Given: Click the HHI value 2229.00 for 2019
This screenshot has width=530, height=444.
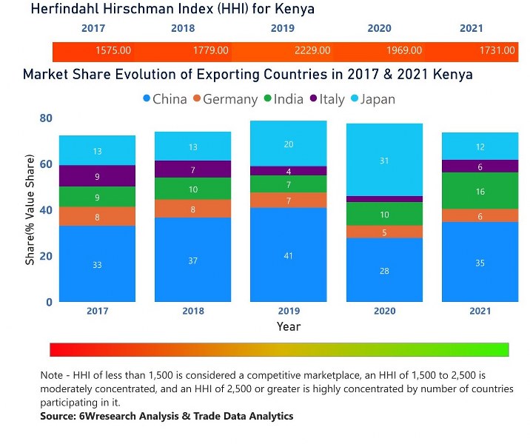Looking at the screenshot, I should coord(312,50).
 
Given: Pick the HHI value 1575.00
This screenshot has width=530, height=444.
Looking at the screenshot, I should coord(113,50).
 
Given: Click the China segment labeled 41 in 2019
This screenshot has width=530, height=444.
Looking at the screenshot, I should coord(289,255).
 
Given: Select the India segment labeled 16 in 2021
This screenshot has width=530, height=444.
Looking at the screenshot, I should coord(480,191).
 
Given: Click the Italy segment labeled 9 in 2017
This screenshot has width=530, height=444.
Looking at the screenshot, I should coord(97,176).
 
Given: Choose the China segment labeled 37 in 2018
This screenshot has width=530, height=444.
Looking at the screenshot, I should coord(192,260).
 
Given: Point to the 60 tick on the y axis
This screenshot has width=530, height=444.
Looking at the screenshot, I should coord(46,164).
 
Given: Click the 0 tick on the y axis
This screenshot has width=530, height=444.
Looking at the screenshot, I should coord(50,302).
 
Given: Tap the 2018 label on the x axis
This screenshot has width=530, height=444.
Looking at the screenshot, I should coord(192,312).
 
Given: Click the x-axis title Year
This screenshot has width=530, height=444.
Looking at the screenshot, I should coord(289,326).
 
